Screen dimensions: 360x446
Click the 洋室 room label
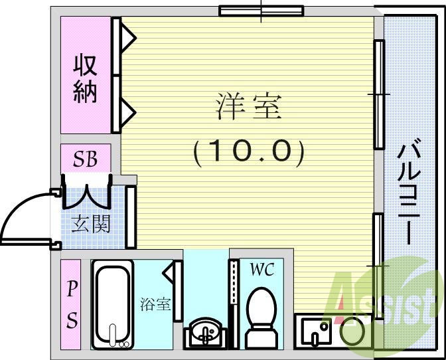click(249, 107)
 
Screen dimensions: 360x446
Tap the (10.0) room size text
click(249, 153)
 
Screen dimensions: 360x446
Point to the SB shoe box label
click(86, 159)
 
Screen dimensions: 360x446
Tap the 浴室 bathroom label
click(156, 305)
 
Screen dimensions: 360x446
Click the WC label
click(261, 269)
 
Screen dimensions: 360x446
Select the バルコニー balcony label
click(408, 193)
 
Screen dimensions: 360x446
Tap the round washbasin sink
click(206, 333)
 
